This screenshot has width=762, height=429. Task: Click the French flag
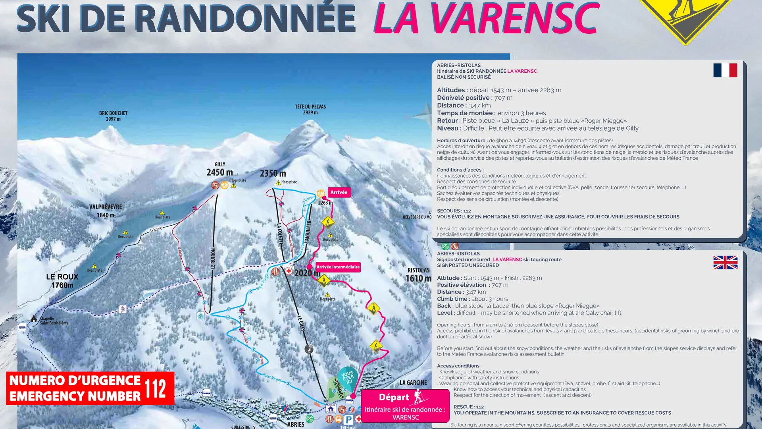725,70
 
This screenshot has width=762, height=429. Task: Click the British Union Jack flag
725,263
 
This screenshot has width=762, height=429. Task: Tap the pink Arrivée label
339,192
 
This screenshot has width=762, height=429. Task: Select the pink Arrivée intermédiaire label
338,267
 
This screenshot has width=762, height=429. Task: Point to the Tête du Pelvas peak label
310,109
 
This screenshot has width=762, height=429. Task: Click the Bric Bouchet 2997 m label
113,116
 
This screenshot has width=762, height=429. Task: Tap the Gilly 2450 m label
219,169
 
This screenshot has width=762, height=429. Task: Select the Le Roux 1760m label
62,281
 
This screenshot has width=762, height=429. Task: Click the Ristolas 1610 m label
418,275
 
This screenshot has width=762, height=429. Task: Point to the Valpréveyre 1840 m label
106,211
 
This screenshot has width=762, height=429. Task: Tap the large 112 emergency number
155,388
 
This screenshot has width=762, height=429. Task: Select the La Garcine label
413,383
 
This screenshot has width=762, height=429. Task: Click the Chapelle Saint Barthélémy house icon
34,319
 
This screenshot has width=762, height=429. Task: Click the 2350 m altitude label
273,173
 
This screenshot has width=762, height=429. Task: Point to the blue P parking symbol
348,419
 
